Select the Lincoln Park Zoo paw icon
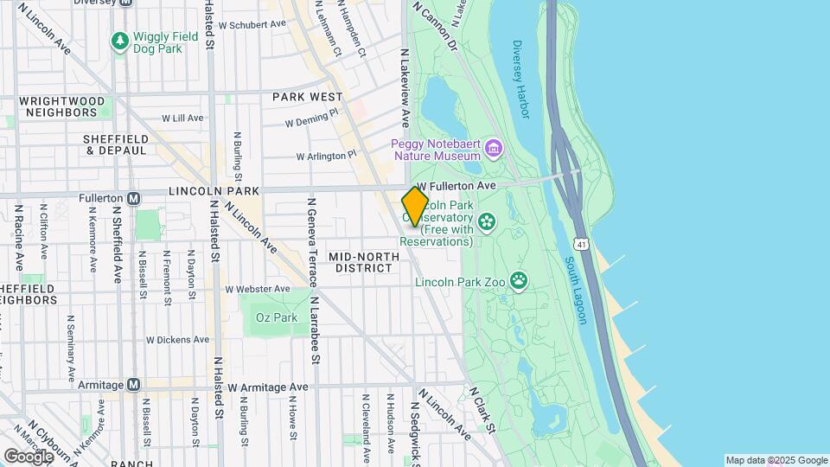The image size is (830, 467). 519,279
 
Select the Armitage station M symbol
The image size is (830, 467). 133,384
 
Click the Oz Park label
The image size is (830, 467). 277,317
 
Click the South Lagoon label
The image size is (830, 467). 576,290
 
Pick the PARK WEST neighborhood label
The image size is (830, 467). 307,97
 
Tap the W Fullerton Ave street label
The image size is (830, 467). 456,186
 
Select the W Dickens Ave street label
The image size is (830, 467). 179,340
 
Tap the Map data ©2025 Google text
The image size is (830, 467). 776,460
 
